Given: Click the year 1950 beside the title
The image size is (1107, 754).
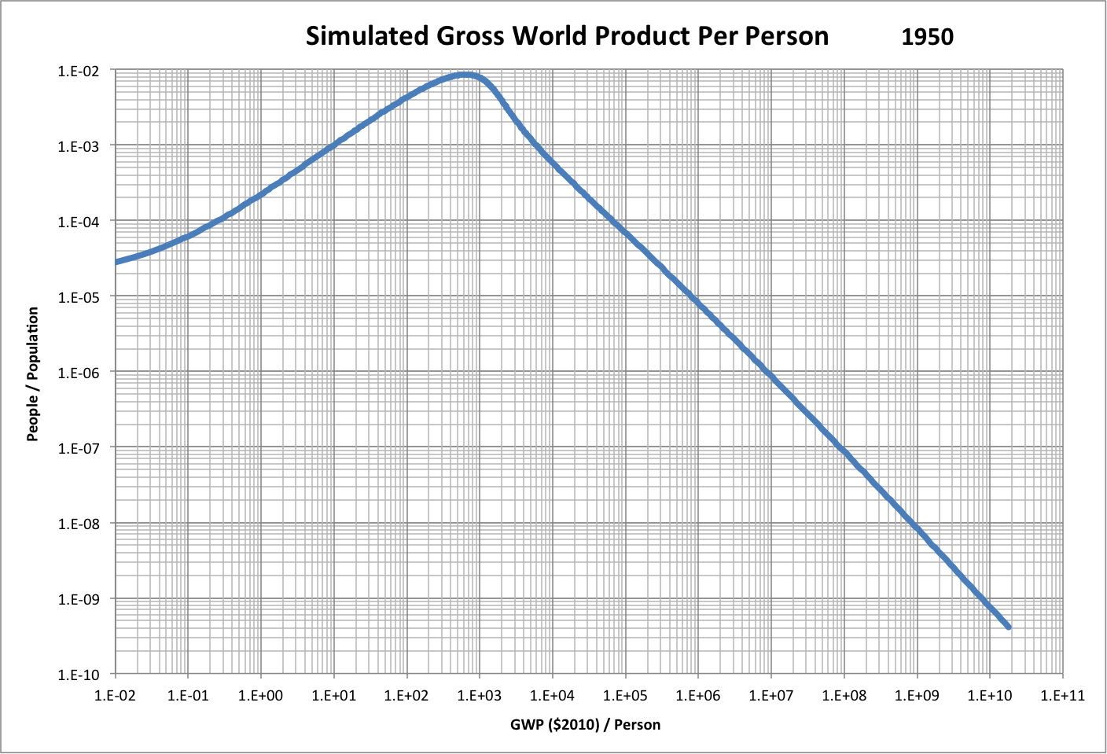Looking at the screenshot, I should click(x=927, y=37).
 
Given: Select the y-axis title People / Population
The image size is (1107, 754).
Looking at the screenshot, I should click(x=33, y=373).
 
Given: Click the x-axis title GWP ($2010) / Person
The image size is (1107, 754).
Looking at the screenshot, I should click(x=585, y=724).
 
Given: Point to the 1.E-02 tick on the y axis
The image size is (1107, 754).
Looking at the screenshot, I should click(x=79, y=71).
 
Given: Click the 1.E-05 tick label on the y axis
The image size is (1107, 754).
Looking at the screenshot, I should click(x=79, y=297).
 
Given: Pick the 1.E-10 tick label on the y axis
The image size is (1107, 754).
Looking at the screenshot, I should click(x=79, y=675).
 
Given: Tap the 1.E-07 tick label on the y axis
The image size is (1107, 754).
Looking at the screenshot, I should click(x=79, y=448).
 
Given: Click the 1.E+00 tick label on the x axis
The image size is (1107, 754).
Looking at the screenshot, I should click(x=261, y=695).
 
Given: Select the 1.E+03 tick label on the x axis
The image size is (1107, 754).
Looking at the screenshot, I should click(x=480, y=695).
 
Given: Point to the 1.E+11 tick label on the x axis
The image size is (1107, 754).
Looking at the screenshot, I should click(x=1062, y=695).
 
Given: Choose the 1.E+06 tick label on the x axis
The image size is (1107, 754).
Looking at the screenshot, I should click(x=698, y=695).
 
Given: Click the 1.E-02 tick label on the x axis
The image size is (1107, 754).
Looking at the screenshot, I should click(x=116, y=695).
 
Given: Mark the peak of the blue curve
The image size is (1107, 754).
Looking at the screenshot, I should click(x=465, y=75).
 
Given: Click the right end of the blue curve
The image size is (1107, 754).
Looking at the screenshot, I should click(x=1008, y=627).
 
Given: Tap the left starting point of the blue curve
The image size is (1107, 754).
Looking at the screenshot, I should click(x=117, y=262).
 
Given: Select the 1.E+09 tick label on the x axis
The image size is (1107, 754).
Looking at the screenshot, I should click(x=917, y=695).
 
